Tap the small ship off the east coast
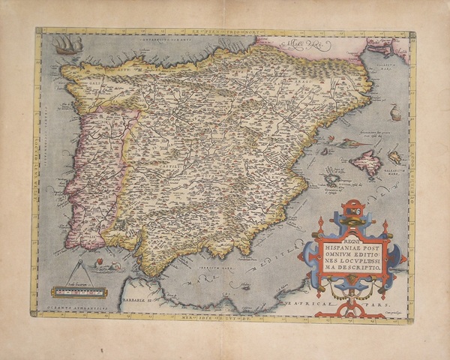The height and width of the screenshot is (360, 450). tap(395, 113)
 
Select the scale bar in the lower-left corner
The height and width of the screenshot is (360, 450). tap(79, 291)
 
